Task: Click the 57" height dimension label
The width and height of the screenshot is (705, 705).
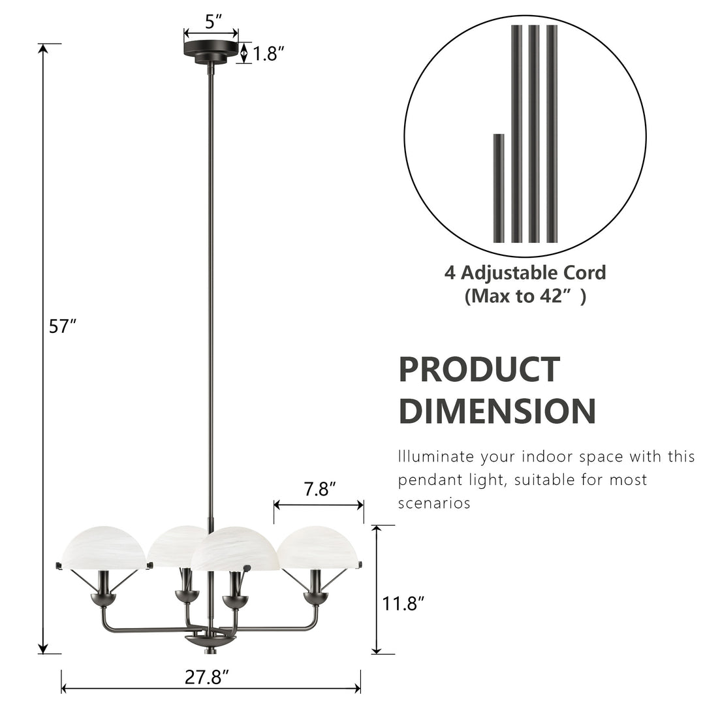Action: (x=63, y=326)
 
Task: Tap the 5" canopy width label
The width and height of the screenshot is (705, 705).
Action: (x=210, y=22)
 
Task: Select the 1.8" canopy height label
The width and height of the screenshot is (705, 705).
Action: (x=269, y=54)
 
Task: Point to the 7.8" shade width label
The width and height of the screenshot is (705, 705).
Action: (x=320, y=489)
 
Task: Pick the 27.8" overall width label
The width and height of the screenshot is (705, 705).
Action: (x=206, y=677)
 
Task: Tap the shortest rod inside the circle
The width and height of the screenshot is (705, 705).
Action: (x=499, y=188)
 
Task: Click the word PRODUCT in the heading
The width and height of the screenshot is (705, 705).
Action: (x=479, y=369)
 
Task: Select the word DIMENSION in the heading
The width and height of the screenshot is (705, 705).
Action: (x=497, y=411)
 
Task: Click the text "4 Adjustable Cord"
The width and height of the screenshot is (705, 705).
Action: (x=525, y=272)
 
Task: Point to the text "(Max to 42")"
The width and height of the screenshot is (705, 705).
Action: (x=525, y=296)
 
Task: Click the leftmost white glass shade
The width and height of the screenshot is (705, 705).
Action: (x=104, y=546)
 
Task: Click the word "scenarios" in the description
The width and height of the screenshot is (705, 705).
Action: (x=434, y=503)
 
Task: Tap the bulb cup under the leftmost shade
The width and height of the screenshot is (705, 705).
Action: (x=103, y=598)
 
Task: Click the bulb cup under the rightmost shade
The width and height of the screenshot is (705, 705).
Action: (x=317, y=597)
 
